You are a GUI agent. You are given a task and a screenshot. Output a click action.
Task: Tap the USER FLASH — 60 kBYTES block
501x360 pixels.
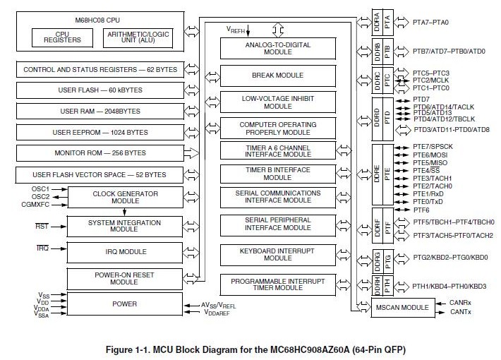point(99,90)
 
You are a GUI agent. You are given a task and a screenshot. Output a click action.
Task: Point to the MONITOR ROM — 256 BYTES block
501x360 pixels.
point(99,152)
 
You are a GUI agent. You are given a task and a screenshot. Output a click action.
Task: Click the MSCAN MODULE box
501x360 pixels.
point(401,308)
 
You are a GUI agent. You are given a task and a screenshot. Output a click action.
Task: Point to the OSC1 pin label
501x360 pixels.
point(40,188)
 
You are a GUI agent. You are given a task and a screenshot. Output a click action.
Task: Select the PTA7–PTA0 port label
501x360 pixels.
point(429,23)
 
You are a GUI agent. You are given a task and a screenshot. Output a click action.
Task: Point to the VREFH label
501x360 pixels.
point(236,29)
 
